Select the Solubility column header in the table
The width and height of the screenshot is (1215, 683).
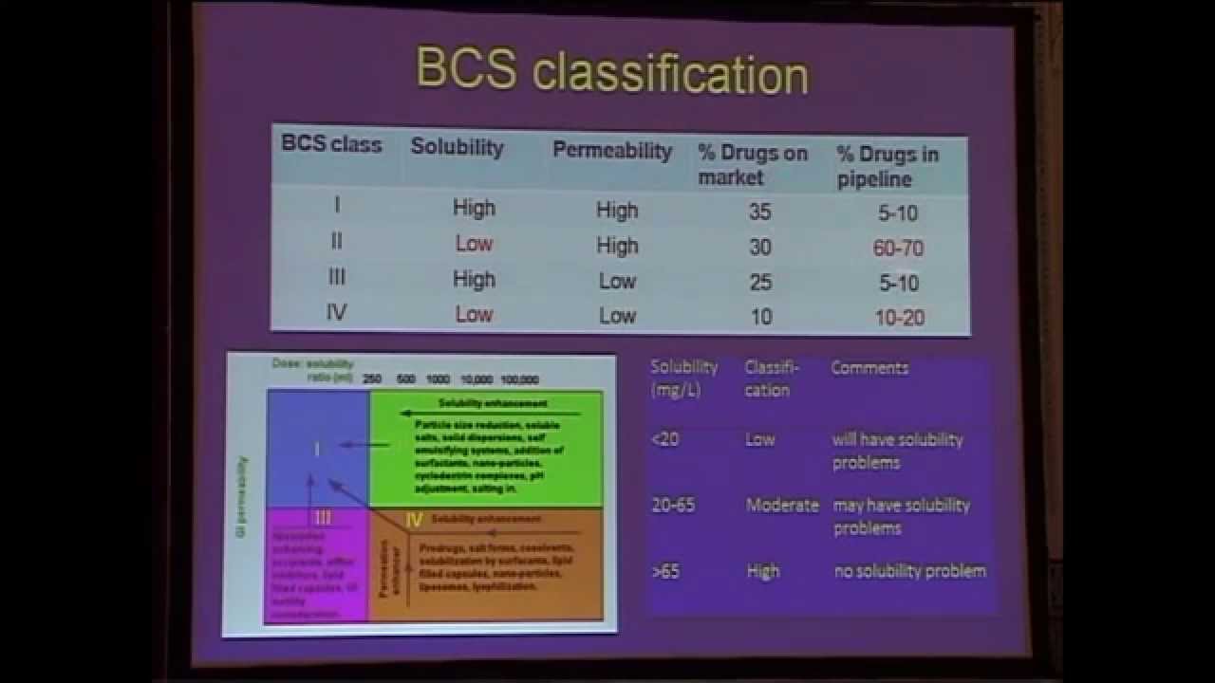pos(457,147)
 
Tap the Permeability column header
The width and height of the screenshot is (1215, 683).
pos(612,150)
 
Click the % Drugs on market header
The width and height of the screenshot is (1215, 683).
pos(752,164)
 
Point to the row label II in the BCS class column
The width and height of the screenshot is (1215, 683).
pos(336,241)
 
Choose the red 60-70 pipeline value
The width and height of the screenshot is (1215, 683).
pos(898,249)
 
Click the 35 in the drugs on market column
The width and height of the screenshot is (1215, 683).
pos(759,212)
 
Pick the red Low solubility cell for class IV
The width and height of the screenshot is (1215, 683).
pos(474,314)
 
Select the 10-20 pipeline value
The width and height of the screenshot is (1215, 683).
pos(899,318)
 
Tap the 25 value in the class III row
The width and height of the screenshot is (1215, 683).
pos(759,282)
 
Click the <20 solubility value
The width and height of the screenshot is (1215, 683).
pos(665,440)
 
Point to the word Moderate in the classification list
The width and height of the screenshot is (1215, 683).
pos(782,506)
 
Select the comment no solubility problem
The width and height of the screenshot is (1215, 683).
pos(909,571)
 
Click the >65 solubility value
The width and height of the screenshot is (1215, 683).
pos(665,572)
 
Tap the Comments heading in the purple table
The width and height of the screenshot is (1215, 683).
pos(869,368)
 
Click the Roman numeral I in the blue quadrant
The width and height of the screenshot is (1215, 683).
pos(318,449)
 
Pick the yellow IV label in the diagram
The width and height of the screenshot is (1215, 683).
pos(414,520)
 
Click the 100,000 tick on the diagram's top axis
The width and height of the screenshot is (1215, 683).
pos(519,379)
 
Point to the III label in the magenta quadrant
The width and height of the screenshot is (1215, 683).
pos(323,518)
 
